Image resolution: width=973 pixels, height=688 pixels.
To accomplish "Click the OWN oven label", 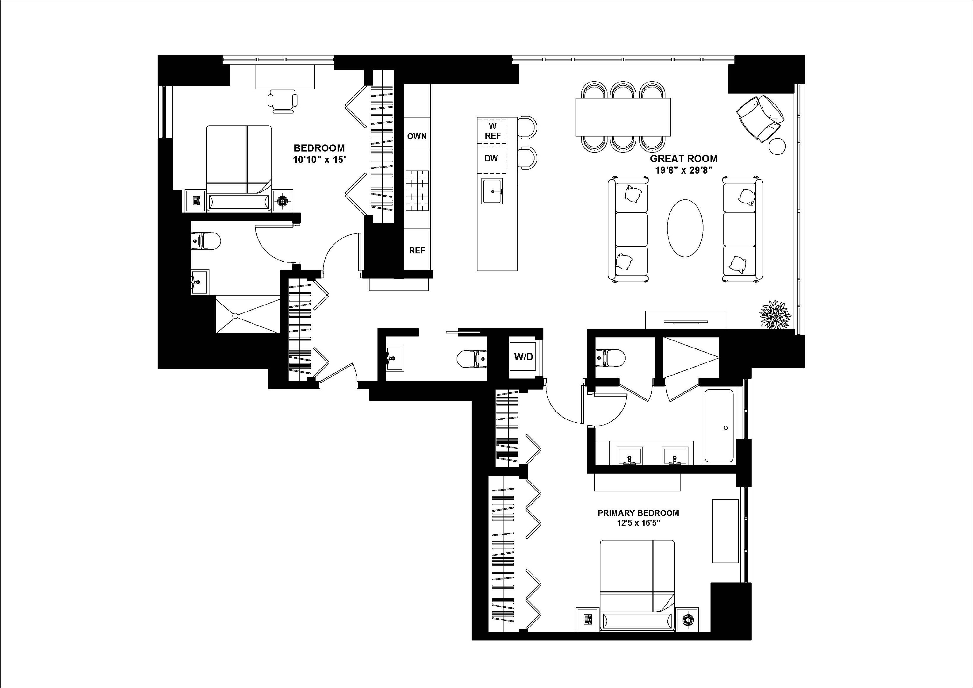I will [417, 137].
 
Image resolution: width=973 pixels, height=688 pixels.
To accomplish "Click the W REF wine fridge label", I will [492, 131].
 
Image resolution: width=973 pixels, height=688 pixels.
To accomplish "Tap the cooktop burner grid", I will [417, 191].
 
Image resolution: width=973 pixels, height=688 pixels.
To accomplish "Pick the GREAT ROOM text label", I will [683, 159].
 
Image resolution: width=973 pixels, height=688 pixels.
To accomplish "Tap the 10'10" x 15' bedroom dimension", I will [319, 160].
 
